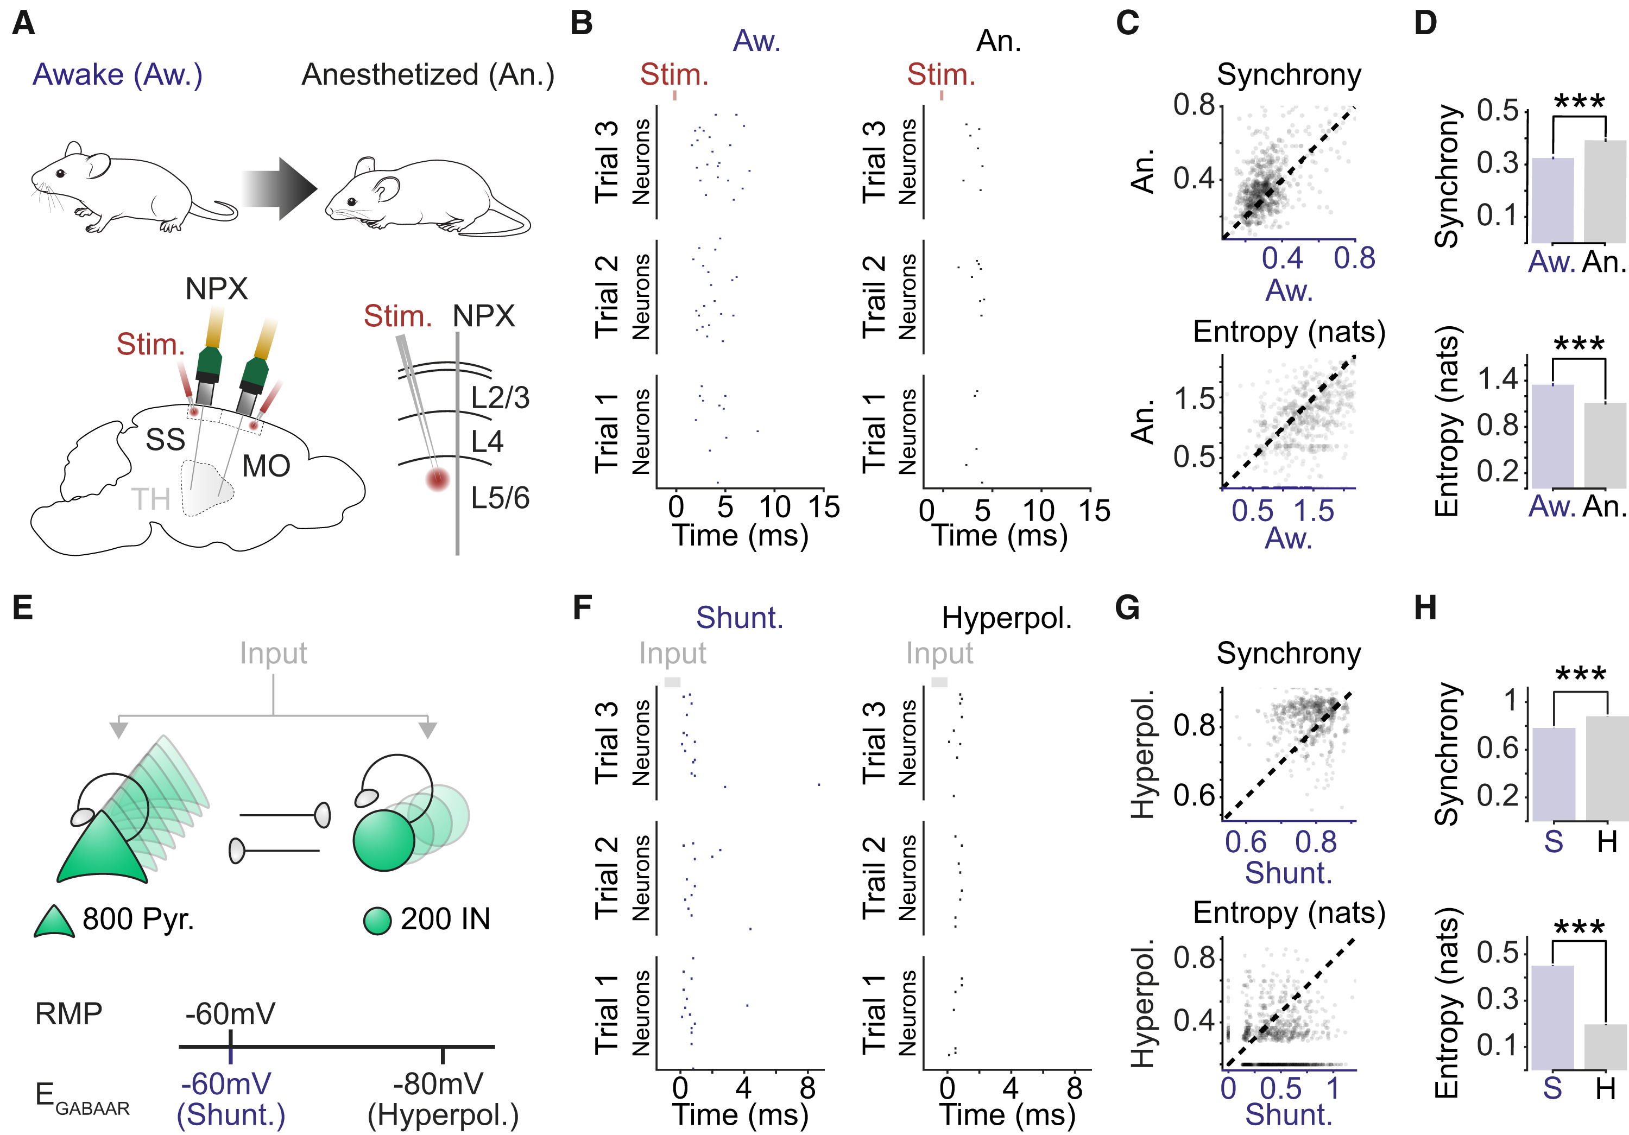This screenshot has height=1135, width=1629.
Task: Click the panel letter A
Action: tap(23, 23)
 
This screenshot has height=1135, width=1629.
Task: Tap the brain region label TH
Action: tap(150, 499)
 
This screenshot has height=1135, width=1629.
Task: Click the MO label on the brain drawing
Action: tap(266, 466)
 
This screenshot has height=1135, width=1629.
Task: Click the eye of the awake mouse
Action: tap(60, 173)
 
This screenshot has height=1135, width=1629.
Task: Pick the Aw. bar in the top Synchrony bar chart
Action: tap(1552, 200)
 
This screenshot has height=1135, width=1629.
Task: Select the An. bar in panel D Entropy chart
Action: tap(1605, 446)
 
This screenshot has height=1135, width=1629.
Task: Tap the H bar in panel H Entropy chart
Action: tap(1606, 1047)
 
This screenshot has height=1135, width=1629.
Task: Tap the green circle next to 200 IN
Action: tap(377, 921)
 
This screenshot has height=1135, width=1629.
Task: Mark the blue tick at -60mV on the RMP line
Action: tap(231, 1047)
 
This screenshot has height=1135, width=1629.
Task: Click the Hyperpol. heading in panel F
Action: tap(1006, 618)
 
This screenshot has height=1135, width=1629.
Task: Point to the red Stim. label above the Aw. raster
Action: tap(674, 74)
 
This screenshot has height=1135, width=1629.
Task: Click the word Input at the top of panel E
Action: tap(273, 652)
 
